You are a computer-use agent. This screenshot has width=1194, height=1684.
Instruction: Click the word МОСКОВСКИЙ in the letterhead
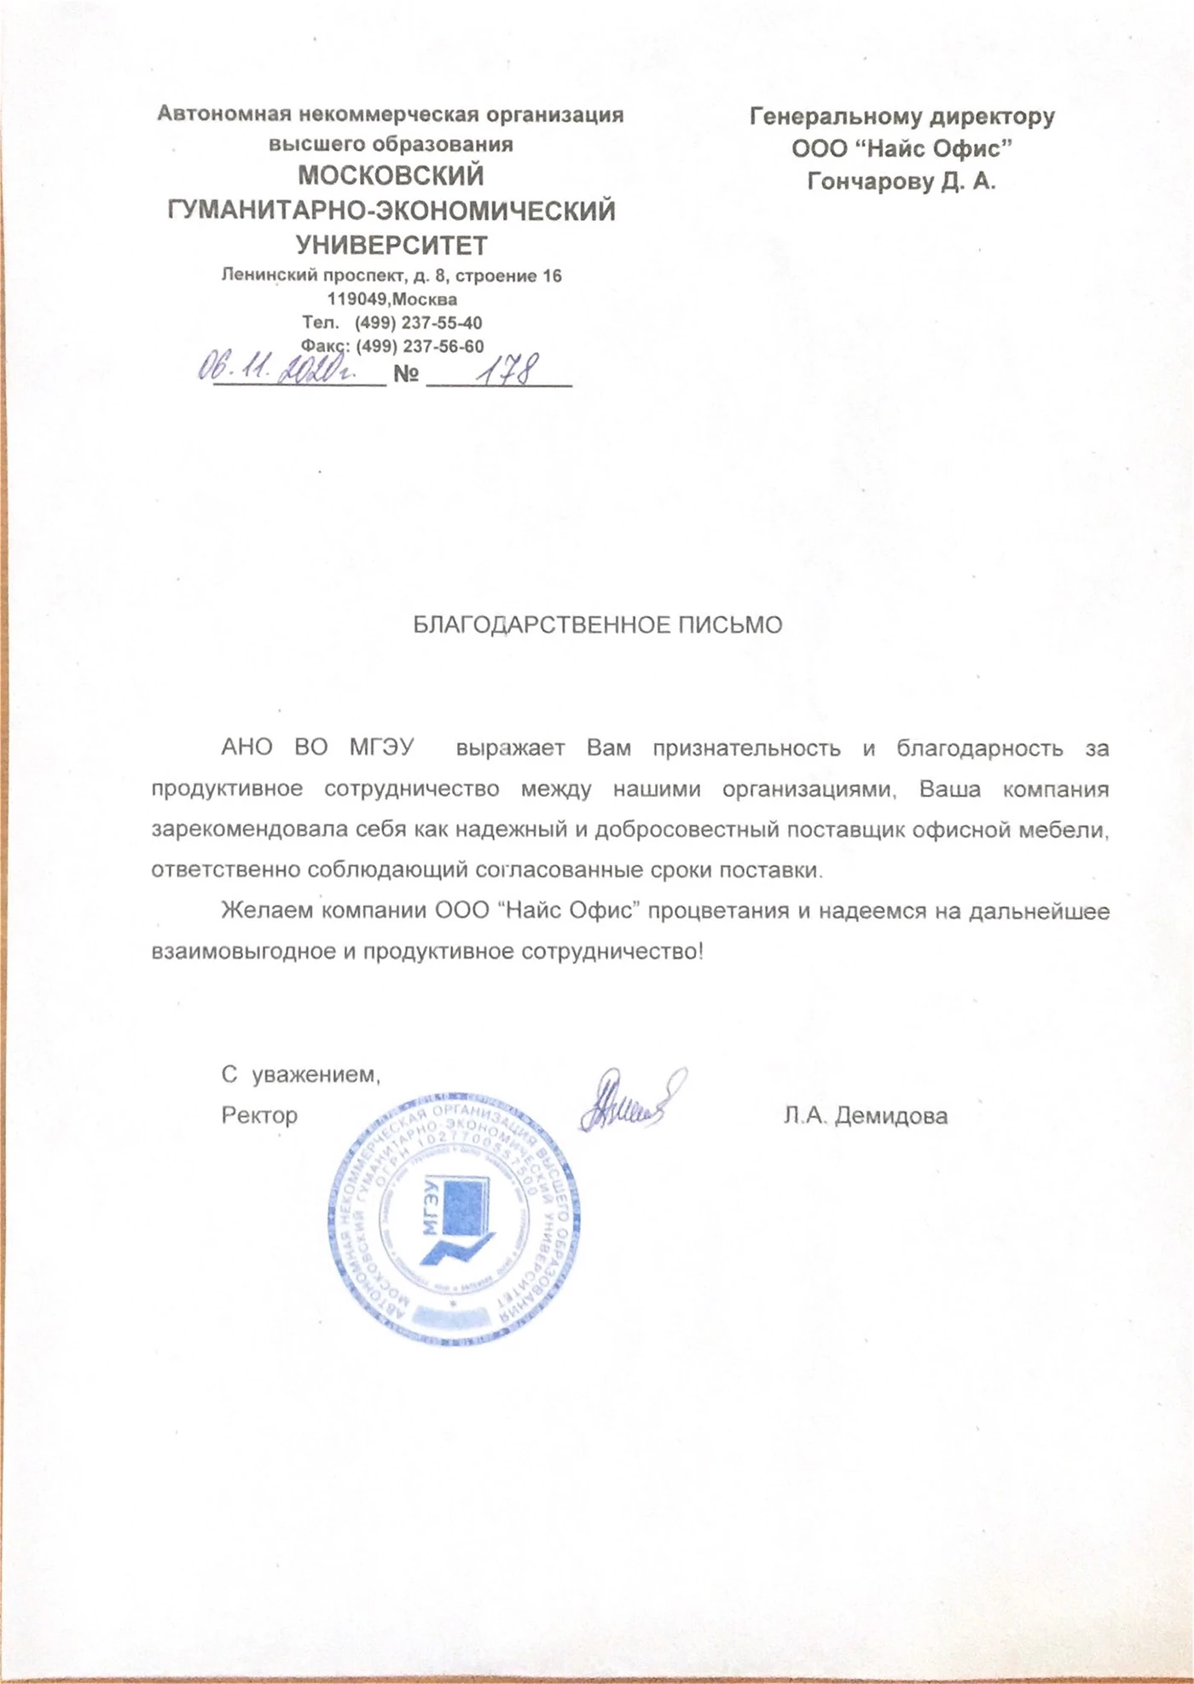391,176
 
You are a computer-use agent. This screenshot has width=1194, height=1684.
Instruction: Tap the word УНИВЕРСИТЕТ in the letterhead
391,246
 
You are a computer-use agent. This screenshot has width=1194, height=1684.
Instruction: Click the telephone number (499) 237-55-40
418,323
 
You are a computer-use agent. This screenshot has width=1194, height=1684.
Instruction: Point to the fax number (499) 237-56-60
420,347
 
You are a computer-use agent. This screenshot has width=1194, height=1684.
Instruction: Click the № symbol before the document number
406,374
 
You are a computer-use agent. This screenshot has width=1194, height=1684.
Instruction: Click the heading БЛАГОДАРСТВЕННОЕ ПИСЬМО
597,625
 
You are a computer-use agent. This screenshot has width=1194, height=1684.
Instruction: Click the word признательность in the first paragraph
746,749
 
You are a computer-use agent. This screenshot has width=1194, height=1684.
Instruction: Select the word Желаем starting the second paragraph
265,911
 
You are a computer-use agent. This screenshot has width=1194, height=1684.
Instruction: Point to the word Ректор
259,1115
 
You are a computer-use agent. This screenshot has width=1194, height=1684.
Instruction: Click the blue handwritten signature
631,1100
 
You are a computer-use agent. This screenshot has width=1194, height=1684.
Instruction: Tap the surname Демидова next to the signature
890,1115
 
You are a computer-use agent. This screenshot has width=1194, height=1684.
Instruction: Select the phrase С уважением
300,1074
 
